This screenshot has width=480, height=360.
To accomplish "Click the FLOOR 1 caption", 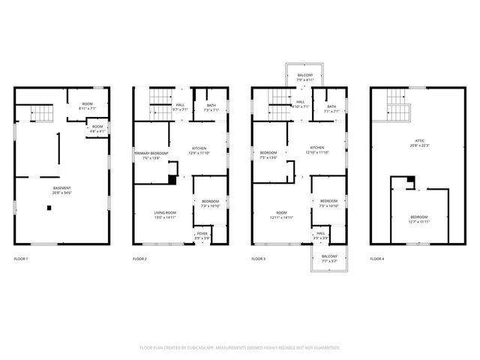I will [21, 259].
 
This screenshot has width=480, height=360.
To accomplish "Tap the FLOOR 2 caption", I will [140, 259].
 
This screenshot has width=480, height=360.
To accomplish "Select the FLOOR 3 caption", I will [259, 259].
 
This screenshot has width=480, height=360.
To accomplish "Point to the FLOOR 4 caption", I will [377, 259].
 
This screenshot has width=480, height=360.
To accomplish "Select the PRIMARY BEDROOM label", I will [151, 156].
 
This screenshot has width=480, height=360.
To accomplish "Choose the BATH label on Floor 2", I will [211, 107].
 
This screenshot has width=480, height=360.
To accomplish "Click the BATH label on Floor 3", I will [331, 107].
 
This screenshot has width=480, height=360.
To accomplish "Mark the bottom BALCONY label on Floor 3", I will [329, 258].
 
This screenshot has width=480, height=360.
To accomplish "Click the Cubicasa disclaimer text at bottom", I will [240, 348].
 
